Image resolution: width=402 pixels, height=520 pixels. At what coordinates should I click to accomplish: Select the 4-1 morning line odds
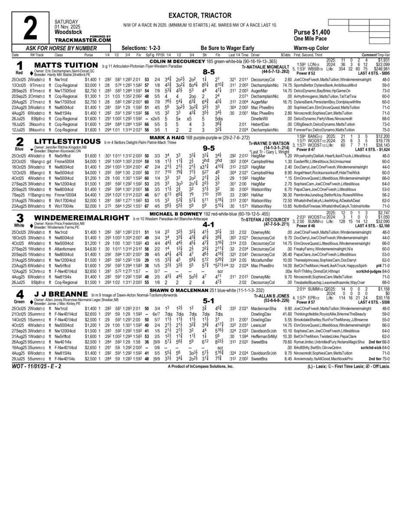[x=209, y=224]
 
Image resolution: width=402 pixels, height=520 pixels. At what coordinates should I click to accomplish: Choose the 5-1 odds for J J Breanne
[x=209, y=300]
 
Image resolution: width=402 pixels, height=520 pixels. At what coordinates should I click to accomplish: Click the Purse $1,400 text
[x=309, y=32]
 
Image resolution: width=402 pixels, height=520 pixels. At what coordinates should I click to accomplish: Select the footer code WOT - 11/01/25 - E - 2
[x=37, y=366]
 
